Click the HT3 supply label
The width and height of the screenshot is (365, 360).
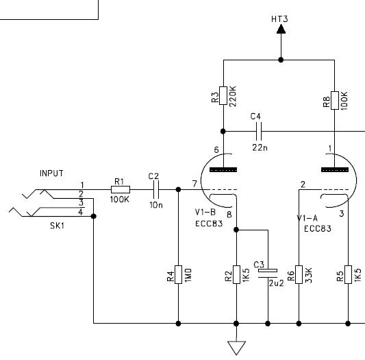pyautogui.click(x=279, y=19)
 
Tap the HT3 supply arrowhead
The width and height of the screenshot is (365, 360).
pyautogui.click(x=281, y=29)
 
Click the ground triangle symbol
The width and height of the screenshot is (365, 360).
pyautogui.click(x=236, y=348)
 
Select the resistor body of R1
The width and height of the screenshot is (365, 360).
pyautogui.click(x=121, y=189)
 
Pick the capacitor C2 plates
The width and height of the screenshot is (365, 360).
pyautogui.click(x=156, y=189)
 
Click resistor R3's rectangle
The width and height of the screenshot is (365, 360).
pyautogui.click(x=223, y=95)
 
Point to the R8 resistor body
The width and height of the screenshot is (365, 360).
pyautogui.click(x=335, y=101)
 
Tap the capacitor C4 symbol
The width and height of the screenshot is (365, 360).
pyautogui.click(x=259, y=131)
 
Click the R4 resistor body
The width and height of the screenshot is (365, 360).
pyautogui.click(x=178, y=274)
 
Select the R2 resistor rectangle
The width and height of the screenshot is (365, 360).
pyautogui.click(x=236, y=274)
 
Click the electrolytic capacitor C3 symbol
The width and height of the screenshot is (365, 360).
pyautogui.click(x=268, y=274)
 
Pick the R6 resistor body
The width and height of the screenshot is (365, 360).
pyautogui.click(x=299, y=274)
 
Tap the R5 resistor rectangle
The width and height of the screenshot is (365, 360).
pyautogui.click(x=348, y=274)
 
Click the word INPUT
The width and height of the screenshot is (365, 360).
pyautogui.click(x=51, y=173)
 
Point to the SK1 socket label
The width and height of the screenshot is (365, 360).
pyautogui.click(x=57, y=226)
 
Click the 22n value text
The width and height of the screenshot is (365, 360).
pyautogui.click(x=260, y=147)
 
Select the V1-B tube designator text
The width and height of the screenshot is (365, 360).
pyautogui.click(x=205, y=212)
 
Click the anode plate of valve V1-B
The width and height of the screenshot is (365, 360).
pyautogui.click(x=223, y=170)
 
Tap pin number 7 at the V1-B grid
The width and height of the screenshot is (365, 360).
pyautogui.click(x=194, y=184)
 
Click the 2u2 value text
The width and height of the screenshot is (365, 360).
pyautogui.click(x=277, y=283)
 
